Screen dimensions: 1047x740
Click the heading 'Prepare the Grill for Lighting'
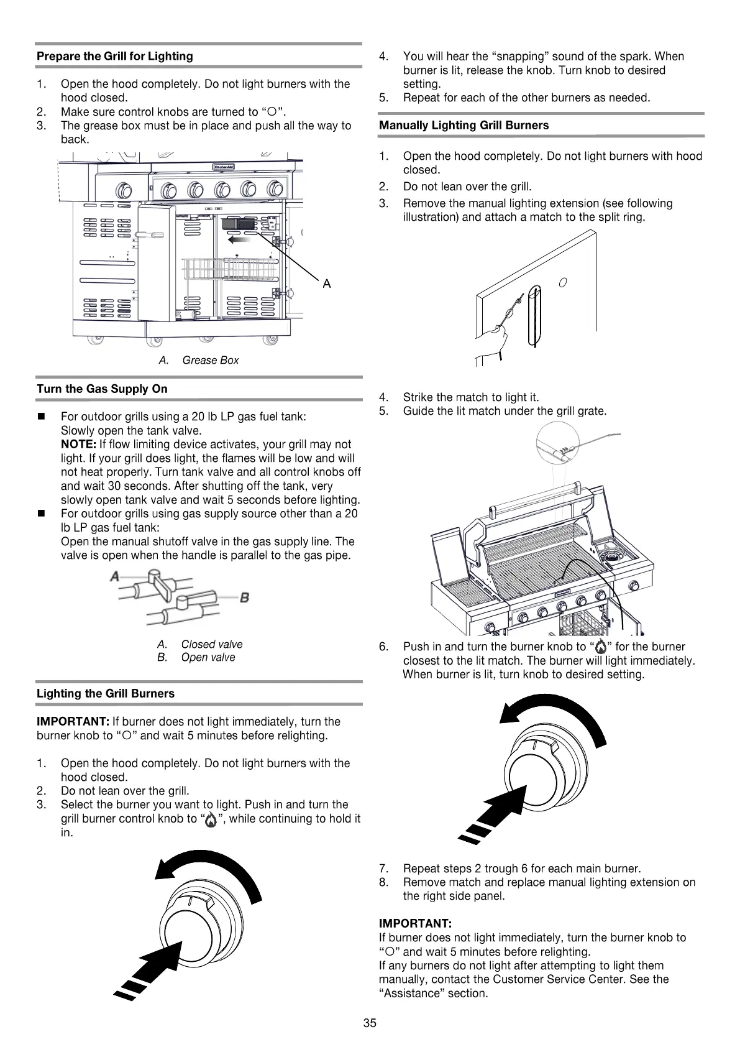coord(115,57)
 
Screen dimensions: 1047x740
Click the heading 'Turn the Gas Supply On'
coord(102,389)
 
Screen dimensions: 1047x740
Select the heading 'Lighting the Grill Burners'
coord(106,694)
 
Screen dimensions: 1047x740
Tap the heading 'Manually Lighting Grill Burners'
coord(464,126)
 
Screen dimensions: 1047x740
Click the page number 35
coord(370,1023)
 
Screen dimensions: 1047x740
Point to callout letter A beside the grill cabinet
coord(327,284)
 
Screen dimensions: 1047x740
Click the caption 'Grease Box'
coord(210,361)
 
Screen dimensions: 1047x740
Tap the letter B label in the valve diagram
coord(244,597)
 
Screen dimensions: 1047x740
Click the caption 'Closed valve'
coord(212,645)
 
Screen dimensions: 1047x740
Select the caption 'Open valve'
coord(208,658)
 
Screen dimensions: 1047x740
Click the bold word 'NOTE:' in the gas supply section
coord(78,445)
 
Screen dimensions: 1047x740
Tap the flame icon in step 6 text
coord(600,647)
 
